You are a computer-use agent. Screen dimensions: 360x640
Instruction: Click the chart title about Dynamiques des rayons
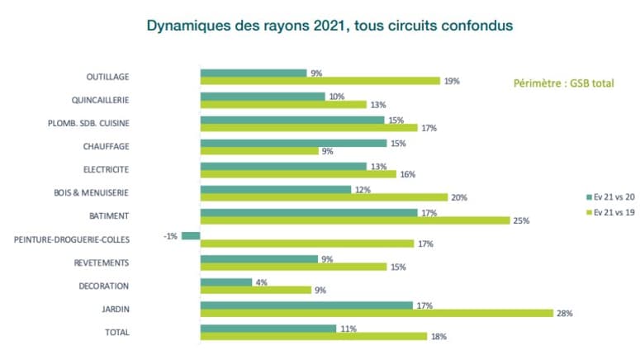pos(329,26)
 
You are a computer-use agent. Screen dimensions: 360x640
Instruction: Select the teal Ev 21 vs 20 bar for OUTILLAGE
pos(253,73)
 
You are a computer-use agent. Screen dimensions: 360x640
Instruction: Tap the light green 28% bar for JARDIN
pos(377,313)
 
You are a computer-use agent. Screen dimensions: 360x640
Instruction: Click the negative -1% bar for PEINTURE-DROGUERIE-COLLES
pos(191,236)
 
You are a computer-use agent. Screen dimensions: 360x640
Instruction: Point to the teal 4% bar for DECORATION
pos(226,282)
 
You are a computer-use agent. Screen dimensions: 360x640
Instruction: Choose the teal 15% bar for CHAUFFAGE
pos(293,143)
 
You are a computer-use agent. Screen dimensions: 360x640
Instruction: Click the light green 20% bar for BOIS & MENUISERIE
pos(324,197)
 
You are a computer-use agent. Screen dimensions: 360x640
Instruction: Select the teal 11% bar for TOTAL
pos(268,329)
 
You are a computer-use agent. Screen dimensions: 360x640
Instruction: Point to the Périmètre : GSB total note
pos(564,83)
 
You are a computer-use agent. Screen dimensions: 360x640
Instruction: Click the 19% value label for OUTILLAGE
pos(451,82)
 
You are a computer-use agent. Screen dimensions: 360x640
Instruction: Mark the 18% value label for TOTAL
pos(438,337)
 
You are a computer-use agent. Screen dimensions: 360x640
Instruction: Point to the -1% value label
pos(169,236)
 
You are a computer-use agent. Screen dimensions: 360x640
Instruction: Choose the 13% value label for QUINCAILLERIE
pos(377,105)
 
